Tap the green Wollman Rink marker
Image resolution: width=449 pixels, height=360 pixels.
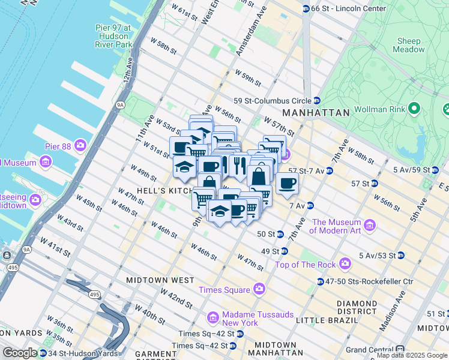(413, 109)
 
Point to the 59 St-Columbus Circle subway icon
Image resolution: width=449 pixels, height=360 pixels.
(316, 101)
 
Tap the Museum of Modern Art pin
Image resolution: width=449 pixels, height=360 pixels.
(369, 226)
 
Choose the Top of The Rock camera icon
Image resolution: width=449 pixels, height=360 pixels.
(345, 263)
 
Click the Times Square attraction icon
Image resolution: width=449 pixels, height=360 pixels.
(259, 290)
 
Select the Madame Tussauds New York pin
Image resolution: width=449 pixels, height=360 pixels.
(212, 317)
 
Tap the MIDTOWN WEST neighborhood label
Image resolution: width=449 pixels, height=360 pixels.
(160, 280)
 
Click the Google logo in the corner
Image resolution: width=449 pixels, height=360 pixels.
(20, 353)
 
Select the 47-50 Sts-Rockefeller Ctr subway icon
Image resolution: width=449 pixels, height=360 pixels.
(320, 281)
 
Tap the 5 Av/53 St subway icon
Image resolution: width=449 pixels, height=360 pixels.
(400, 256)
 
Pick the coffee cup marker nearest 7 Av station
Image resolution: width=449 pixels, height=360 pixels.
(288, 183)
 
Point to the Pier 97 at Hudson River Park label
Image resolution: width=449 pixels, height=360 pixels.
(113, 35)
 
